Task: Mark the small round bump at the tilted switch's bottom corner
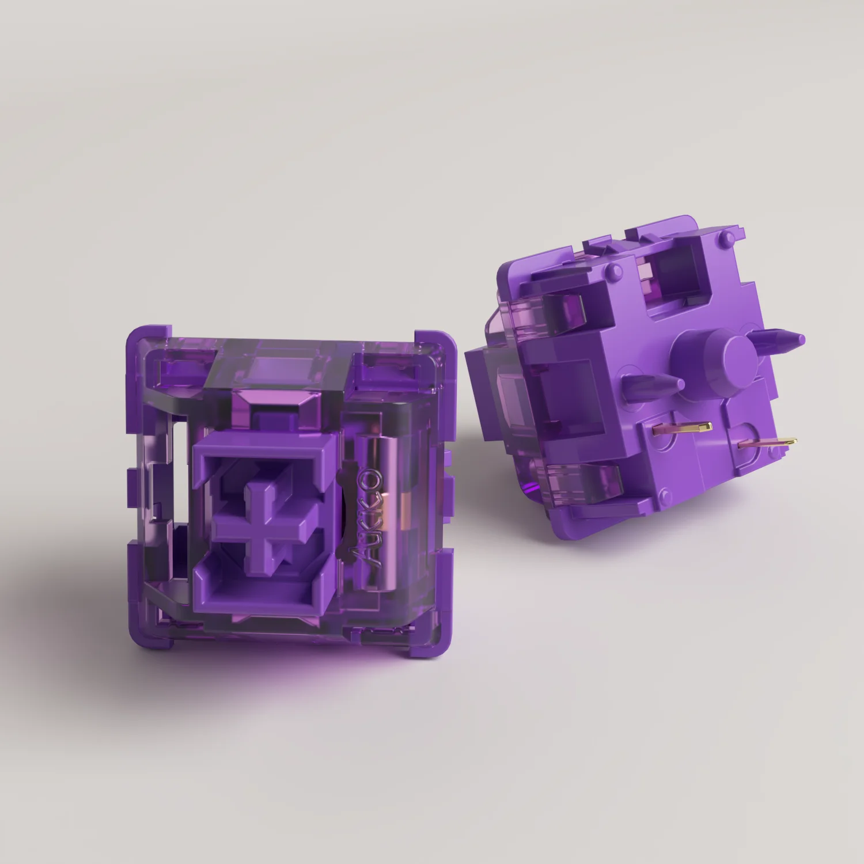(x=666, y=493)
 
